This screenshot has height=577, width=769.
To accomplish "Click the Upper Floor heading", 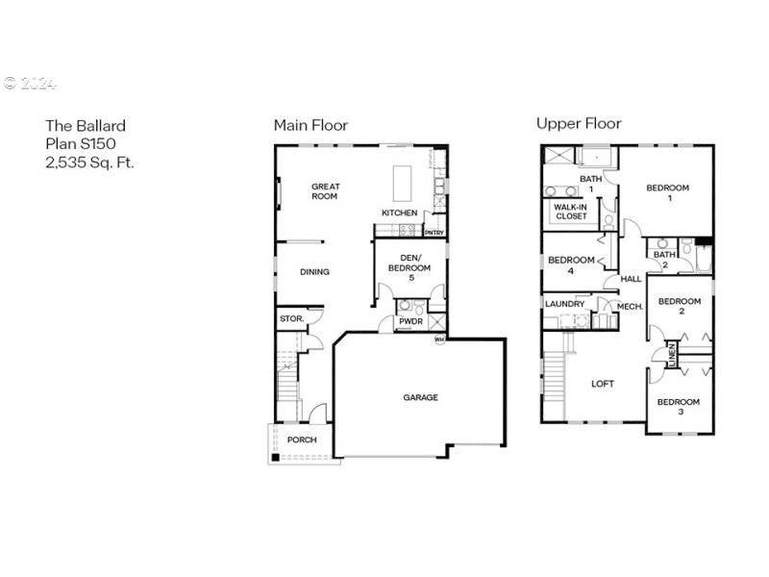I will coord(578,124).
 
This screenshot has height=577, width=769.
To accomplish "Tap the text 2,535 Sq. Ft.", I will coord(89,163).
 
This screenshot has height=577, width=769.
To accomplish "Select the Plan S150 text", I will coord(81,144).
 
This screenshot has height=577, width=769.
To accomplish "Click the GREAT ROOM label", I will coord(325,191).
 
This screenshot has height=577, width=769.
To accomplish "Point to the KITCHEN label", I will coord(399,213).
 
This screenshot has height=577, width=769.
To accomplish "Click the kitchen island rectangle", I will coord(401,180).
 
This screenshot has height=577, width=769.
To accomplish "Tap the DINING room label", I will coord(314,272).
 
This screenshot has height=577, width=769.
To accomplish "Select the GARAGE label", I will coord(420,397).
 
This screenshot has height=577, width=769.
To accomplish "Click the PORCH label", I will coord(302,440).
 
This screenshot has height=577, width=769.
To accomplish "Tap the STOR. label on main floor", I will coord(290,318).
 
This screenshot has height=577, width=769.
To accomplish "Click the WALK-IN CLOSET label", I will coord(570,212).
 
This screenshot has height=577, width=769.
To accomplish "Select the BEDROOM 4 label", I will coord(570,264).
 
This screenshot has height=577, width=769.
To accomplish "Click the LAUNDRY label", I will coord(564,305).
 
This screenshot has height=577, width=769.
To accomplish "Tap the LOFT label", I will coord(602,384).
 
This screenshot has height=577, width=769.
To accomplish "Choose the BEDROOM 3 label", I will coord(679,406).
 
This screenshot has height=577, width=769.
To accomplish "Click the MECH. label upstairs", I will coord(629,307).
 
